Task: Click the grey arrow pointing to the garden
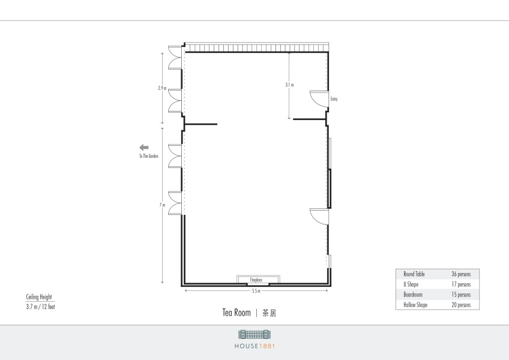tap(144, 148)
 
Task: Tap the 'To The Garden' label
tap(149, 156)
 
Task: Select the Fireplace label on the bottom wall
tap(256, 280)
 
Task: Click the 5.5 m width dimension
tap(256, 291)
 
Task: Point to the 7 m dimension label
tap(162, 205)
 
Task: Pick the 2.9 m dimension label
tap(162, 88)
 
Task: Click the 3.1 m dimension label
tap(289, 85)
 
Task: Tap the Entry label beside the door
tap(334, 99)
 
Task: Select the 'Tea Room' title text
tap(236, 313)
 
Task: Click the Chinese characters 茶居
tap(269, 313)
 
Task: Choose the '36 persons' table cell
tap(461, 274)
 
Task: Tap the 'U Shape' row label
tap(411, 284)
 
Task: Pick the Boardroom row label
tap(413, 295)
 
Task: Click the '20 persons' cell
tap(461, 305)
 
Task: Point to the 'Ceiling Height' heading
tap(39, 296)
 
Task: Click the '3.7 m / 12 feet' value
tap(41, 307)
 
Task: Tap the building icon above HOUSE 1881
tap(254, 334)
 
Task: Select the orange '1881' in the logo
tap(267, 346)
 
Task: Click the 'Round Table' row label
tap(414, 274)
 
